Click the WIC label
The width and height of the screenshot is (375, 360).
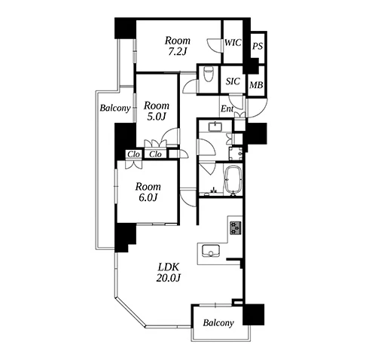[x=233, y=43]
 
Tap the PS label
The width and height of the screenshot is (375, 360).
[x=258, y=46]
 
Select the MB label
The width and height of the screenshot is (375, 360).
[x=256, y=85]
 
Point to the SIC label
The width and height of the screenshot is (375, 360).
[x=233, y=81]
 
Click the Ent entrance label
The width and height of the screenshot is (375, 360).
[x=227, y=109]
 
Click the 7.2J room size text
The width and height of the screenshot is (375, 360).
[x=177, y=52]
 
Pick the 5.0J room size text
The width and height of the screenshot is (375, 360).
[x=157, y=117]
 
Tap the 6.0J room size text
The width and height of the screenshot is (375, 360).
[x=148, y=198]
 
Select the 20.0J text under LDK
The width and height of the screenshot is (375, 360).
[x=168, y=278]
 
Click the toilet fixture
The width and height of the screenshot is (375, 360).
[x=208, y=74]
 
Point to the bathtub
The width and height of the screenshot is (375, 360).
[x=233, y=180]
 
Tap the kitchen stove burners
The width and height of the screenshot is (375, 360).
[x=236, y=228]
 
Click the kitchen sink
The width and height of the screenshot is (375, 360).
[x=211, y=251]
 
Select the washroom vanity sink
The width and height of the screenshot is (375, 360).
[x=215, y=127]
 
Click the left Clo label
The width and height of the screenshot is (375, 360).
[x=133, y=154]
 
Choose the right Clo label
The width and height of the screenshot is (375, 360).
[x=155, y=154]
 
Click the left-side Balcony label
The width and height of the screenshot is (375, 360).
[x=115, y=108]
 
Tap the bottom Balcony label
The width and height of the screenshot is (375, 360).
[x=218, y=323]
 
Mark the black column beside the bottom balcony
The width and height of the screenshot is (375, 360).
[x=254, y=315]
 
